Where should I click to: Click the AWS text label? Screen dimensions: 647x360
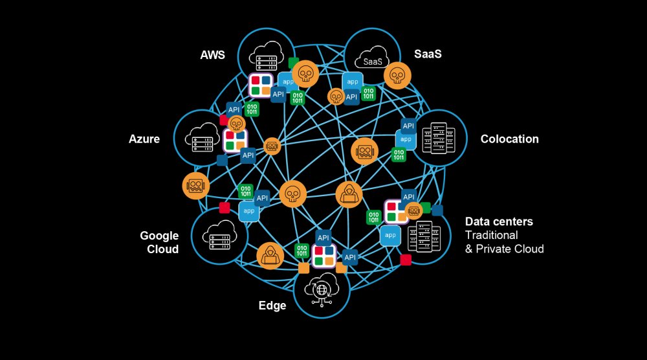(212, 55)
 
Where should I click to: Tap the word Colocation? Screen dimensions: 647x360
(510, 139)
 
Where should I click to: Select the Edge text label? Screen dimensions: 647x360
(272, 306)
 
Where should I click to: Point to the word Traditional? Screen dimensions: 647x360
(492, 235)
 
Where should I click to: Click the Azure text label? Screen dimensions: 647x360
(144, 139)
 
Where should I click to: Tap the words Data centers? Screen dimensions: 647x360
(499, 221)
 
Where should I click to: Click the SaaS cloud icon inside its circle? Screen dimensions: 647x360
(372, 58)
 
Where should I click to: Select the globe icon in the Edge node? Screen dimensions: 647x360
(322, 289)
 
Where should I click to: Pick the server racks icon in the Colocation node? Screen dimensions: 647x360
(438, 138)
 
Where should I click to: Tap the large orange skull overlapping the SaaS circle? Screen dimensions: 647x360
(397, 76)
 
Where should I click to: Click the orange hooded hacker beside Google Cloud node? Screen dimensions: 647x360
(270, 256)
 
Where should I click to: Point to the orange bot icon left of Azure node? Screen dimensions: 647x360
(196, 186)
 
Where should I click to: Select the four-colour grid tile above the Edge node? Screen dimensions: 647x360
(324, 256)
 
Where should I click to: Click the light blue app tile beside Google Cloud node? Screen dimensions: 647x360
(249, 211)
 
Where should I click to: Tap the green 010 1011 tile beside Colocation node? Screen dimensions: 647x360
(399, 155)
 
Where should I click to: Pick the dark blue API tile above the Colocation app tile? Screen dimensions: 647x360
(408, 126)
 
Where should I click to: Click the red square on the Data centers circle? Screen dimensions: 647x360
(406, 260)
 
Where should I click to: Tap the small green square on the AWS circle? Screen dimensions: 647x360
(293, 63)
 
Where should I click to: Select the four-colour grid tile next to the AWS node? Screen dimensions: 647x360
(261, 85)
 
